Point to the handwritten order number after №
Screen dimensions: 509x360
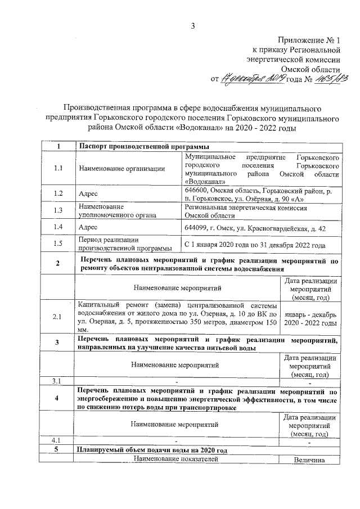point(333,78)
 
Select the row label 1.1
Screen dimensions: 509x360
point(58,168)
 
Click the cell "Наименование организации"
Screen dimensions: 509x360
point(122,168)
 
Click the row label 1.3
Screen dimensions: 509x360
point(58,210)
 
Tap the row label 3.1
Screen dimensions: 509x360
point(56,381)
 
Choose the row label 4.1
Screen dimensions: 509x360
point(56,440)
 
